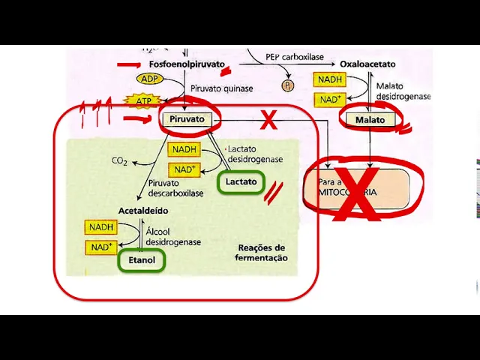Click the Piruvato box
click(x=181, y=119)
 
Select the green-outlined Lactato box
click(x=241, y=181)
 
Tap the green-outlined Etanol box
click(x=141, y=260)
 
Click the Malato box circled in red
click(x=370, y=119)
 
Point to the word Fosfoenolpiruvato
click(x=181, y=65)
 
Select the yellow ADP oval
click(x=149, y=79)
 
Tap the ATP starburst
click(x=142, y=100)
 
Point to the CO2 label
click(x=119, y=160)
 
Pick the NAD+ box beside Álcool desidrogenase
click(x=102, y=247)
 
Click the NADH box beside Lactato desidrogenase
click(x=184, y=150)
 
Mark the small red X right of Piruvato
click(x=268, y=119)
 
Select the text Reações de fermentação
click(x=262, y=253)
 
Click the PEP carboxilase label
click(x=295, y=57)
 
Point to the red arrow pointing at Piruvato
click(x=139, y=118)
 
